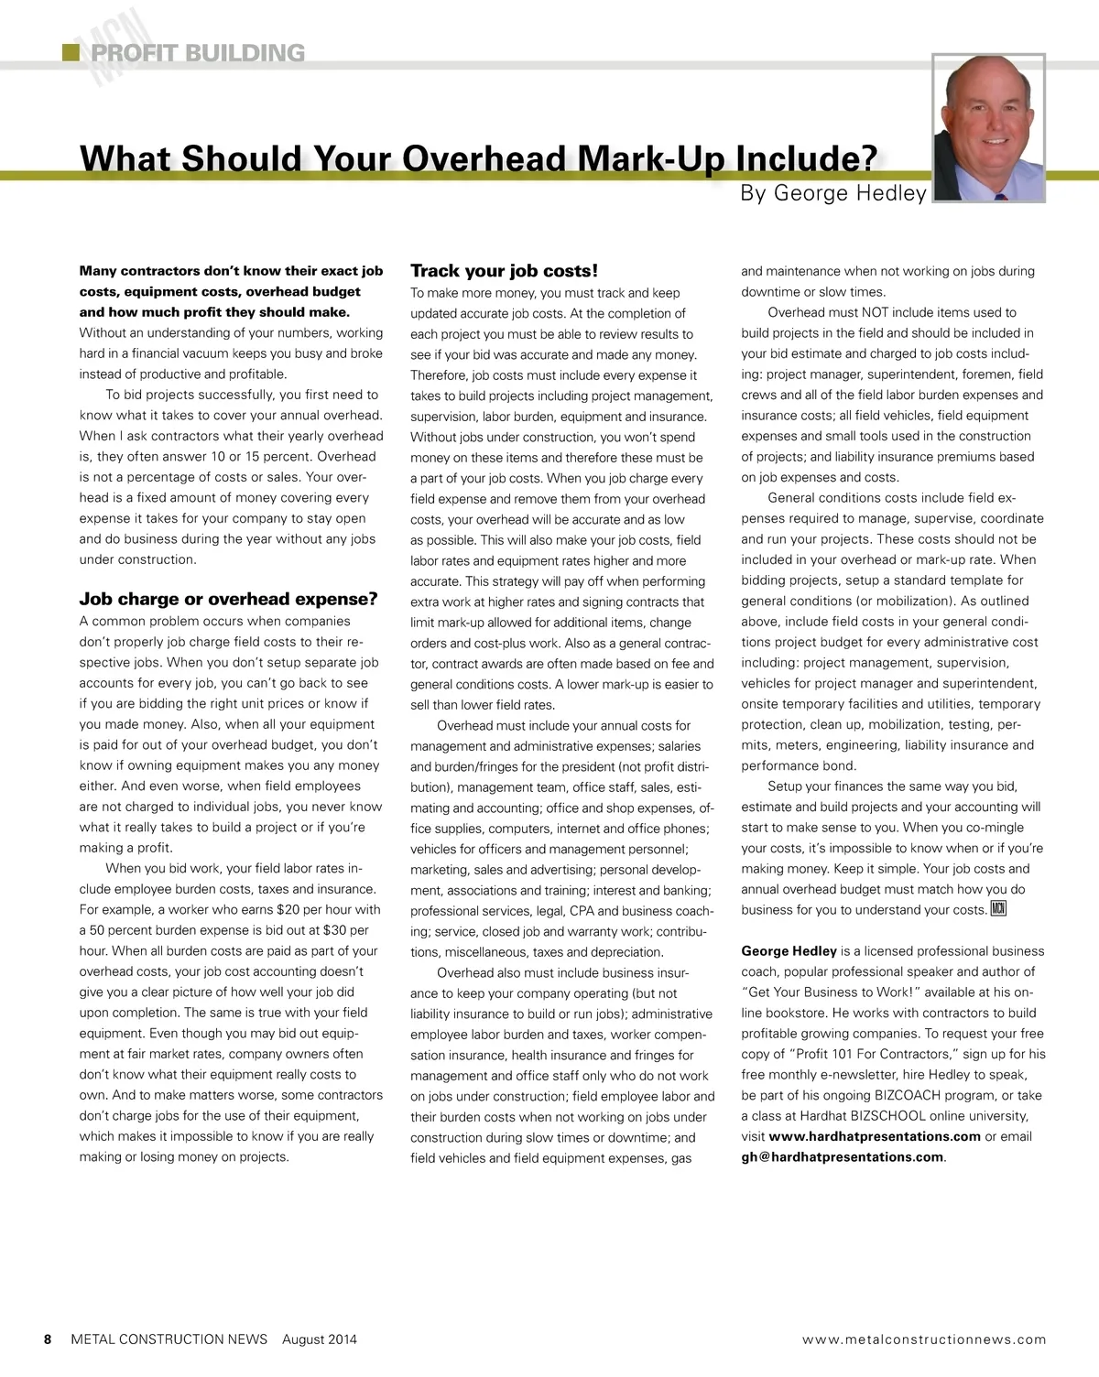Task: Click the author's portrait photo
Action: coord(988,127)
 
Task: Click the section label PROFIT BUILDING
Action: coord(198,53)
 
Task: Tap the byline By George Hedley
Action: coord(833,193)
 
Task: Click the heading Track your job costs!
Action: coord(504,271)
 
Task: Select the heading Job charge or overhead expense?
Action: coord(228,600)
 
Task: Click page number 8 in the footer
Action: coord(48,1339)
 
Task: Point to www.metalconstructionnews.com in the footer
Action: coord(923,1339)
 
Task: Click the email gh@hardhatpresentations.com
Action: coord(843,1157)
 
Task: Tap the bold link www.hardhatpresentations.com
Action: coord(875,1136)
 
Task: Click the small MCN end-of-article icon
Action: coord(998,909)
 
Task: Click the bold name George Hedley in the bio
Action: coord(789,951)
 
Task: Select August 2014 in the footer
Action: coord(320,1339)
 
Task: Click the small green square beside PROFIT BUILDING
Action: coord(71,52)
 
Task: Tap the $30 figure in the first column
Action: coord(336,930)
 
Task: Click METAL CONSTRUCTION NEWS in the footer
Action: coord(169,1339)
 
